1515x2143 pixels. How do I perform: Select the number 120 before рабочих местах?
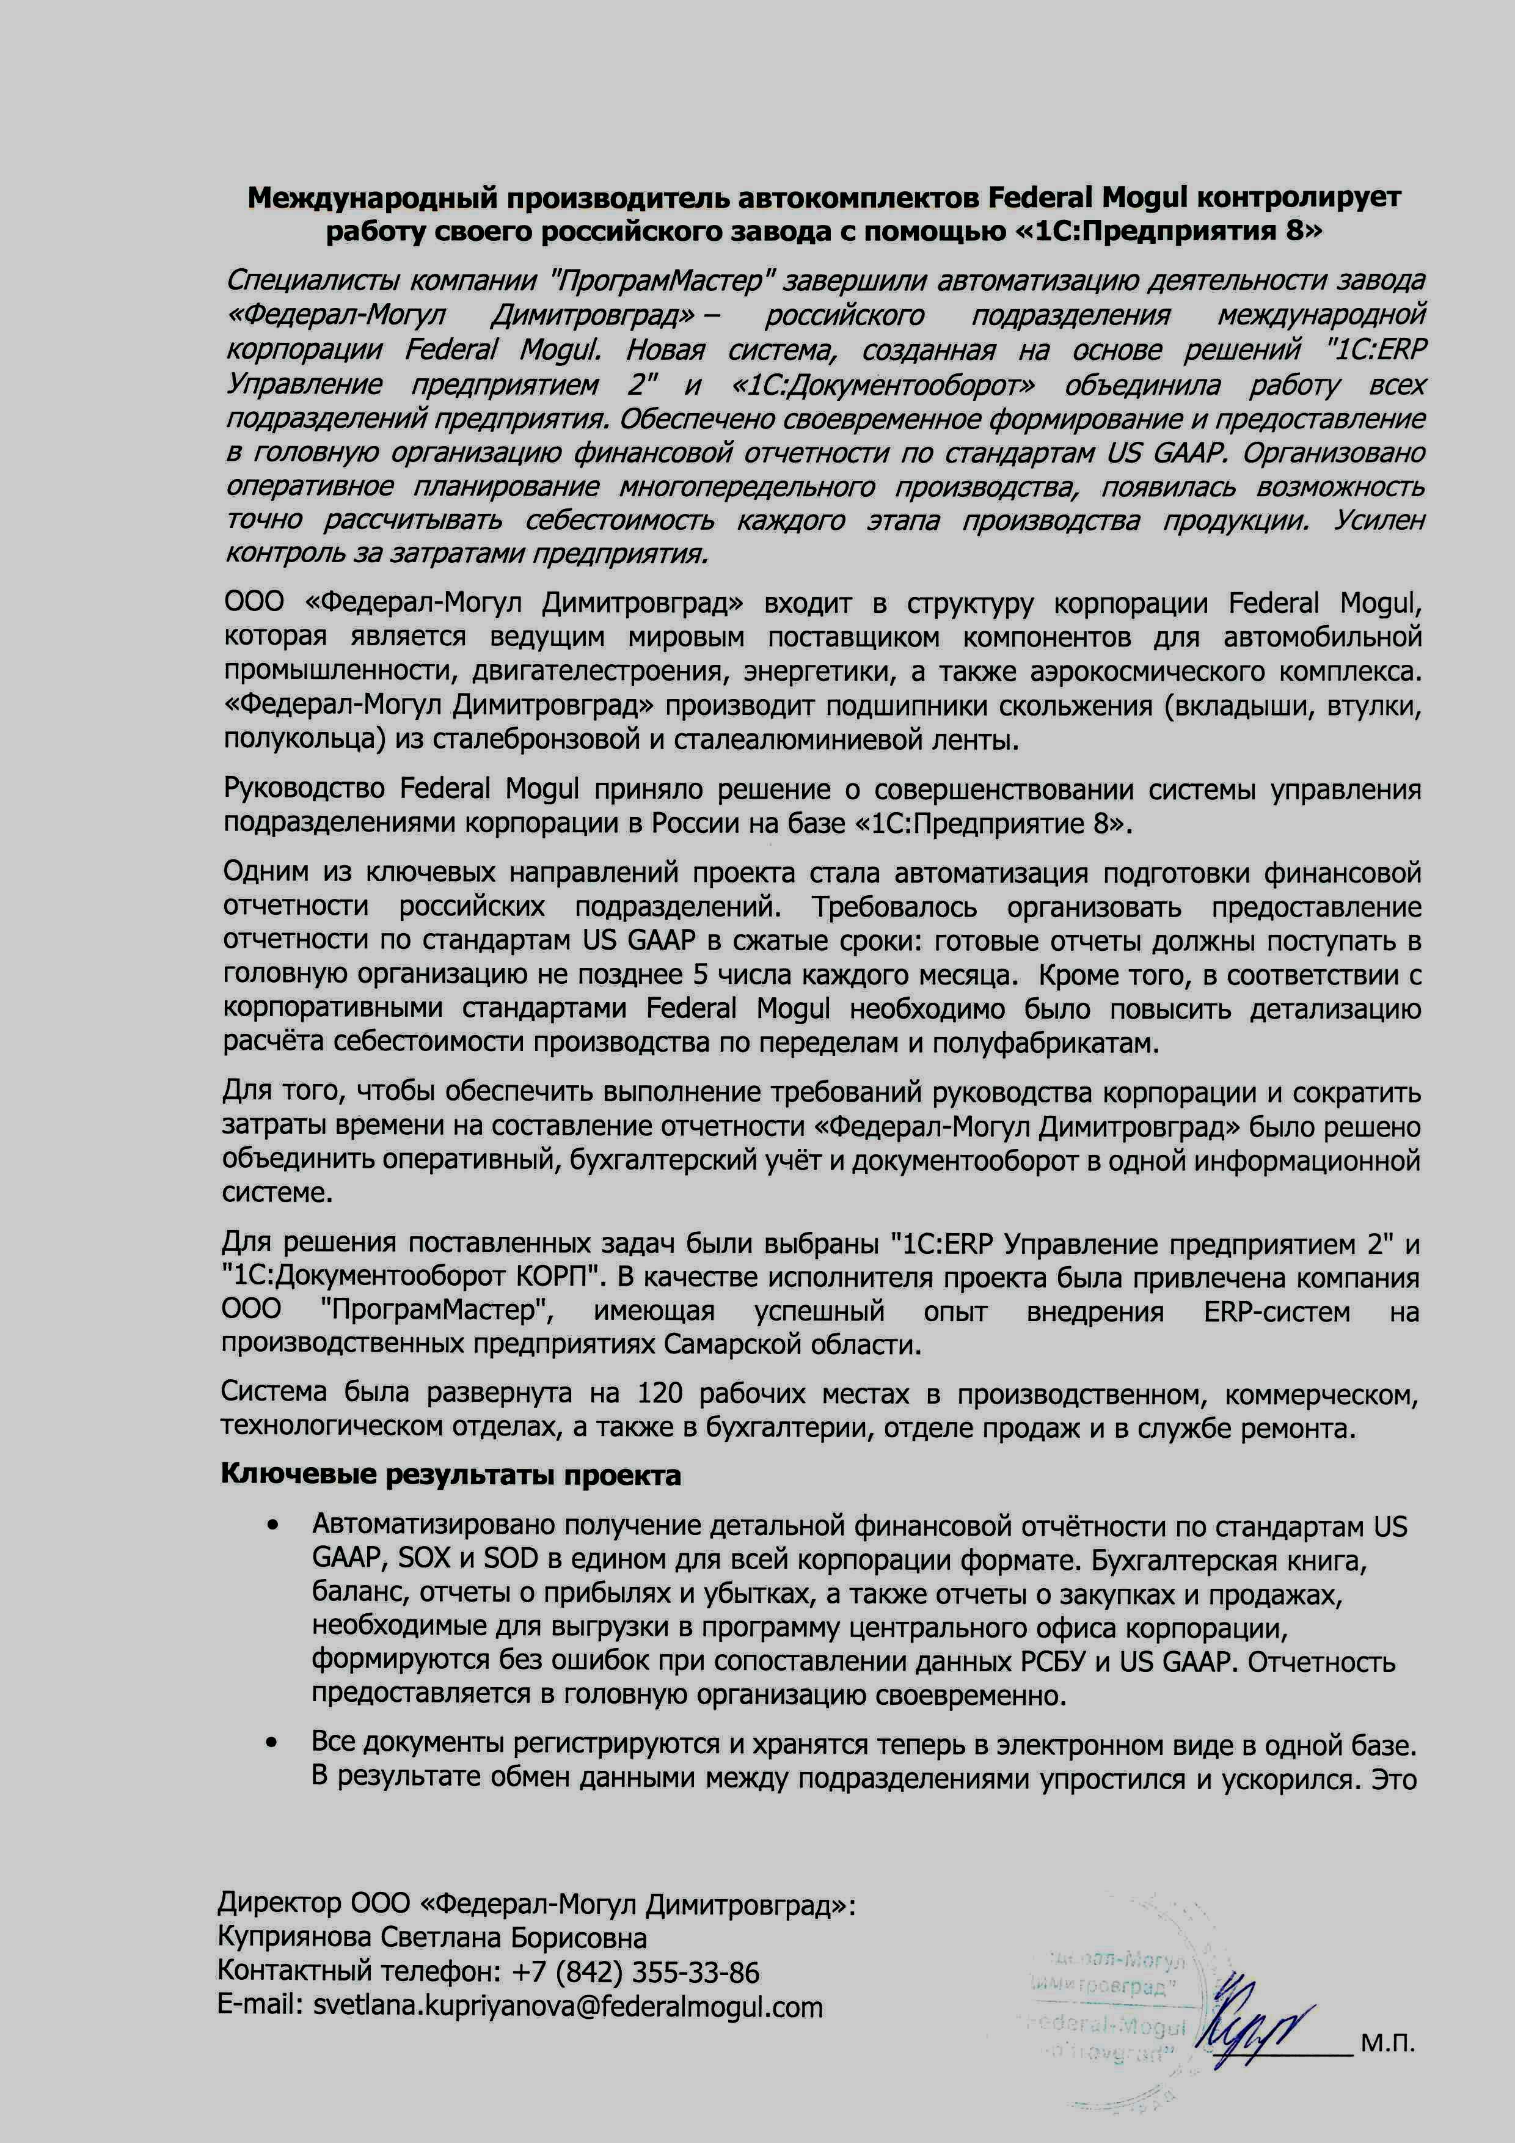pyautogui.click(x=660, y=1393)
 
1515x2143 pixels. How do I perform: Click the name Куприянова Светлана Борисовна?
pyautogui.click(x=432, y=1938)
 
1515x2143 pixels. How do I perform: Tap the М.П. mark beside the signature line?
pyautogui.click(x=1387, y=2044)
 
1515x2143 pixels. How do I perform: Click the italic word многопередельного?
pyautogui.click(x=747, y=487)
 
